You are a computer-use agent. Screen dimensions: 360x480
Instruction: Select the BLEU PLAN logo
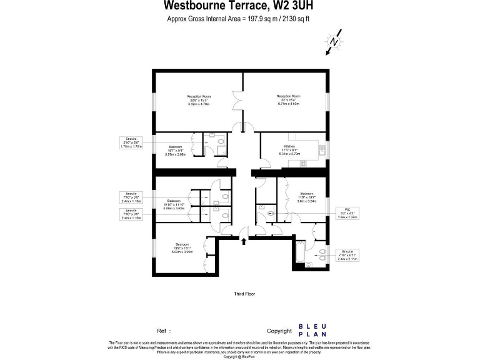click(x=311, y=330)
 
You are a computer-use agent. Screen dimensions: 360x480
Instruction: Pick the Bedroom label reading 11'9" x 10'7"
click(x=307, y=197)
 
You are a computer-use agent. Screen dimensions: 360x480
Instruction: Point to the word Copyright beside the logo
click(x=279, y=331)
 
